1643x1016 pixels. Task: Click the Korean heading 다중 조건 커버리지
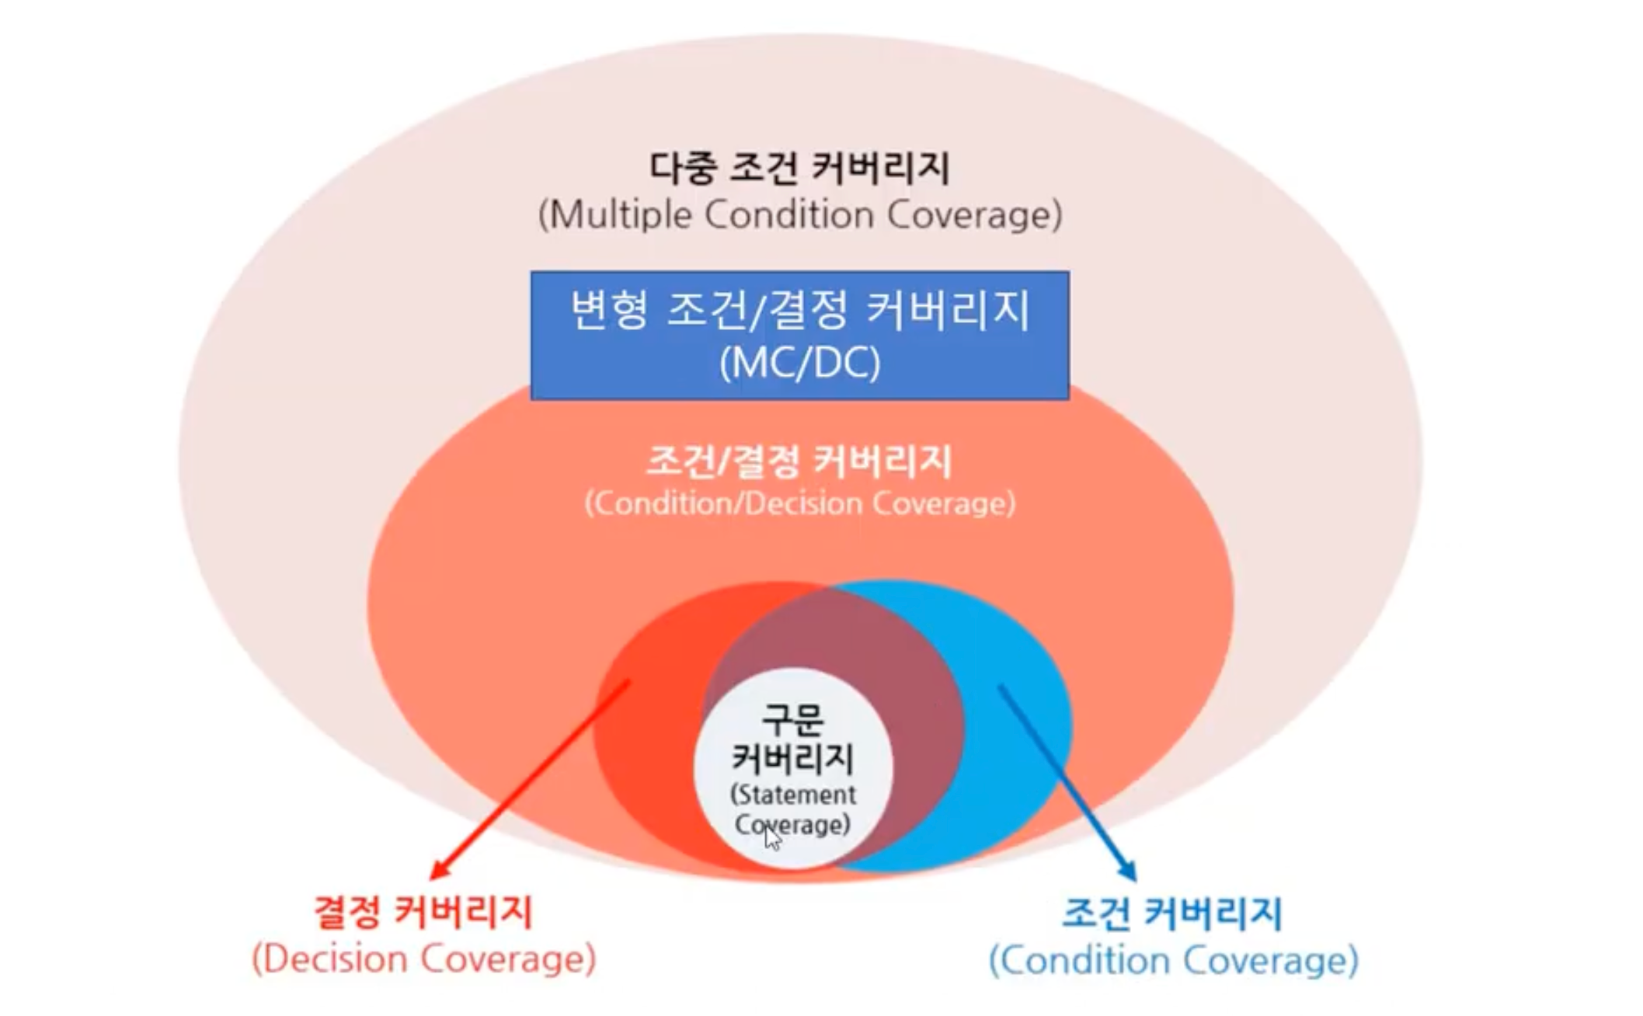pos(799,168)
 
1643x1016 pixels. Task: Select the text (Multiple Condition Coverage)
pos(799,215)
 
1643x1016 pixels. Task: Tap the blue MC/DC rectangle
pos(799,336)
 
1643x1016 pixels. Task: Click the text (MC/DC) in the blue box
pos(799,363)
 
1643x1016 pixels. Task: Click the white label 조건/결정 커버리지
pos(799,461)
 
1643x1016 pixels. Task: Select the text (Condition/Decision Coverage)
pos(799,503)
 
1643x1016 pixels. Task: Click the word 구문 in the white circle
pos(792,719)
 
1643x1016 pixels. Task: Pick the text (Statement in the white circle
pos(792,795)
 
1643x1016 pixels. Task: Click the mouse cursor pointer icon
pos(771,838)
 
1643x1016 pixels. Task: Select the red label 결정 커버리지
pos(423,912)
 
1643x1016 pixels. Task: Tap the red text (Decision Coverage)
pos(423,959)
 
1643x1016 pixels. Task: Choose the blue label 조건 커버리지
pos(1171,913)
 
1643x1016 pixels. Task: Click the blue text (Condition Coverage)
pos(1173,961)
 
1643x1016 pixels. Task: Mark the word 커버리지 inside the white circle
pos(792,757)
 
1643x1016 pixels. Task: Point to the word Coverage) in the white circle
pos(792,824)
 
